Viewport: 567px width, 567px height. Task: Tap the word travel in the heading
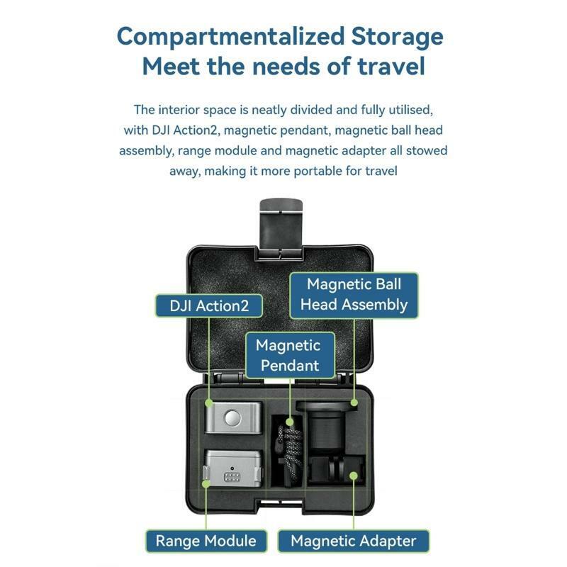coord(391,67)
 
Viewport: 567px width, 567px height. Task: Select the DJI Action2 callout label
coord(209,306)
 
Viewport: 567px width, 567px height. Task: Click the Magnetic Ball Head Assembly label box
coord(354,295)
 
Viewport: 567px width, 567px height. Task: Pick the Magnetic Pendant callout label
coord(290,356)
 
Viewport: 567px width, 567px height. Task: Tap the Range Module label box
coord(206,541)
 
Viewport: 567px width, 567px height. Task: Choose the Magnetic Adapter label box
coord(353,541)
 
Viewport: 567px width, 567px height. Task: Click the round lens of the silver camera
coord(233,418)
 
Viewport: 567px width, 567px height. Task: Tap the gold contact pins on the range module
coord(232,477)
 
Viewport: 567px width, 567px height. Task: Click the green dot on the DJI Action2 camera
coord(208,403)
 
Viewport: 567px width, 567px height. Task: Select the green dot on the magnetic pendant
coord(289,422)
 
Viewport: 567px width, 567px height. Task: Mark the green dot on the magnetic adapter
coord(354,475)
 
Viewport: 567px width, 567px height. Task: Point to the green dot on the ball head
coord(354,403)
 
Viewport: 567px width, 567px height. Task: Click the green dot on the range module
coord(206,483)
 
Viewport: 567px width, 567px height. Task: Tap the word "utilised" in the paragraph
coord(411,110)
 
